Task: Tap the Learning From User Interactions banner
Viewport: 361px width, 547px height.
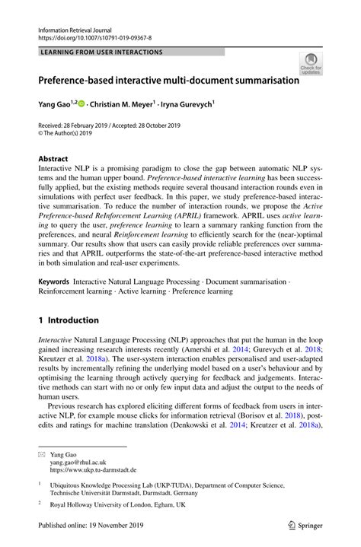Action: click(102, 52)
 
